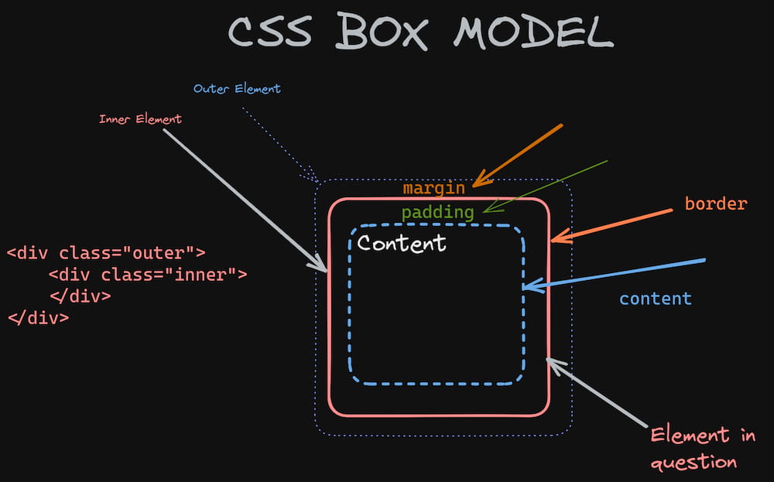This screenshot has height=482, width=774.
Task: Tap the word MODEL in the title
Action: point(533,32)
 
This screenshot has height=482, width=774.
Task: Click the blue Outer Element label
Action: point(237,89)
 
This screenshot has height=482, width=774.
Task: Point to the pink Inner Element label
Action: point(140,119)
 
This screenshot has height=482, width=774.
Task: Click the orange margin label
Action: point(433,188)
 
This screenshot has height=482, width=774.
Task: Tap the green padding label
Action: point(437,212)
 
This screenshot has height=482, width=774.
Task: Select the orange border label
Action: point(715,204)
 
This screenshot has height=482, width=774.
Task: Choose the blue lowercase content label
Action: point(655,299)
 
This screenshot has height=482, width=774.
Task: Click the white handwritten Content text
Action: point(402,243)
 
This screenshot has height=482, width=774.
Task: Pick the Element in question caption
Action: point(701,448)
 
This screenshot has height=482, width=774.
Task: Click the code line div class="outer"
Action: point(106,252)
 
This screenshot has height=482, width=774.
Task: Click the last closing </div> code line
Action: point(38,317)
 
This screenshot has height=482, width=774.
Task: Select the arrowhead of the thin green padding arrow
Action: point(485,210)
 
